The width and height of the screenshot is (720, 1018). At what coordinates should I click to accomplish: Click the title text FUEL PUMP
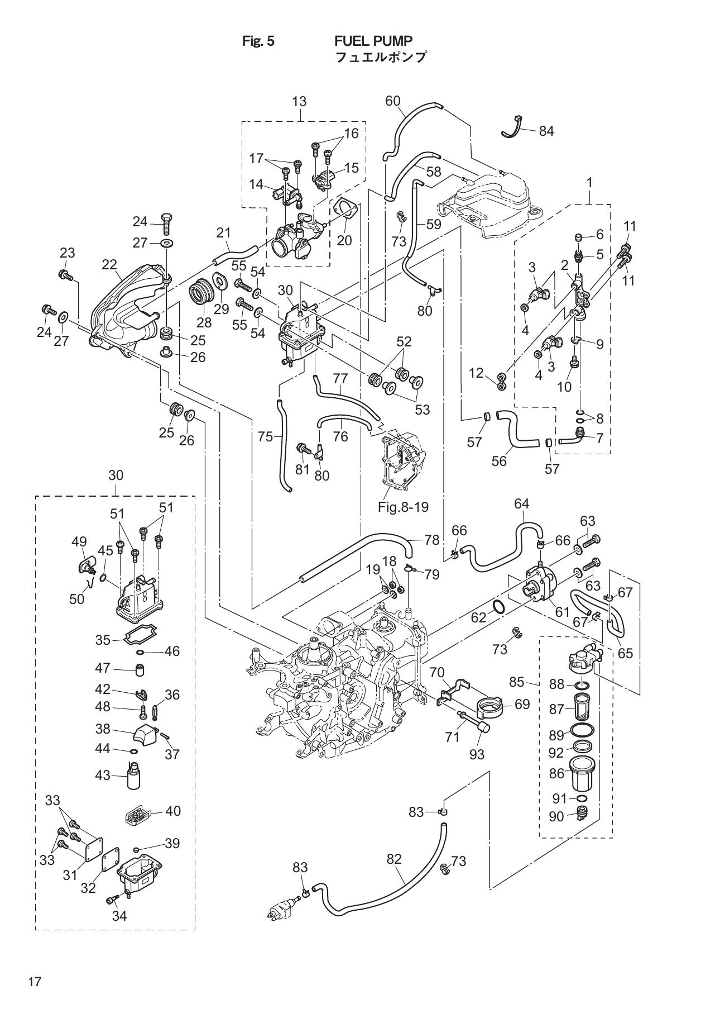(x=373, y=41)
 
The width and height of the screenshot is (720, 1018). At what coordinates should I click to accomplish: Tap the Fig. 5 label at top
(x=258, y=41)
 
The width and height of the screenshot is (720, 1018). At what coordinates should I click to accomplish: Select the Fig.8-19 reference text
(x=403, y=507)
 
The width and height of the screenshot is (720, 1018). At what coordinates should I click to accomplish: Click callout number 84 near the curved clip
(x=546, y=131)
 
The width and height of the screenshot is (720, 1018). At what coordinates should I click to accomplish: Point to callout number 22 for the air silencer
(x=109, y=264)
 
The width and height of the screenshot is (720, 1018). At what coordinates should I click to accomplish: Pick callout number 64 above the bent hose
(x=521, y=503)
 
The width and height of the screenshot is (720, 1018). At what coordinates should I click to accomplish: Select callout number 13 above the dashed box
(x=299, y=101)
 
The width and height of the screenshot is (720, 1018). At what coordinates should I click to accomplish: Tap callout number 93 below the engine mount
(x=477, y=754)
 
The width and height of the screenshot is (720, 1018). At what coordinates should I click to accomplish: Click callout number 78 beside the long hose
(x=431, y=540)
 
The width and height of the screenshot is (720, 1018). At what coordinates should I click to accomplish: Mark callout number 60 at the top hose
(x=393, y=101)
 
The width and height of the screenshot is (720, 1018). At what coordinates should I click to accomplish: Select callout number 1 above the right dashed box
(x=589, y=182)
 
